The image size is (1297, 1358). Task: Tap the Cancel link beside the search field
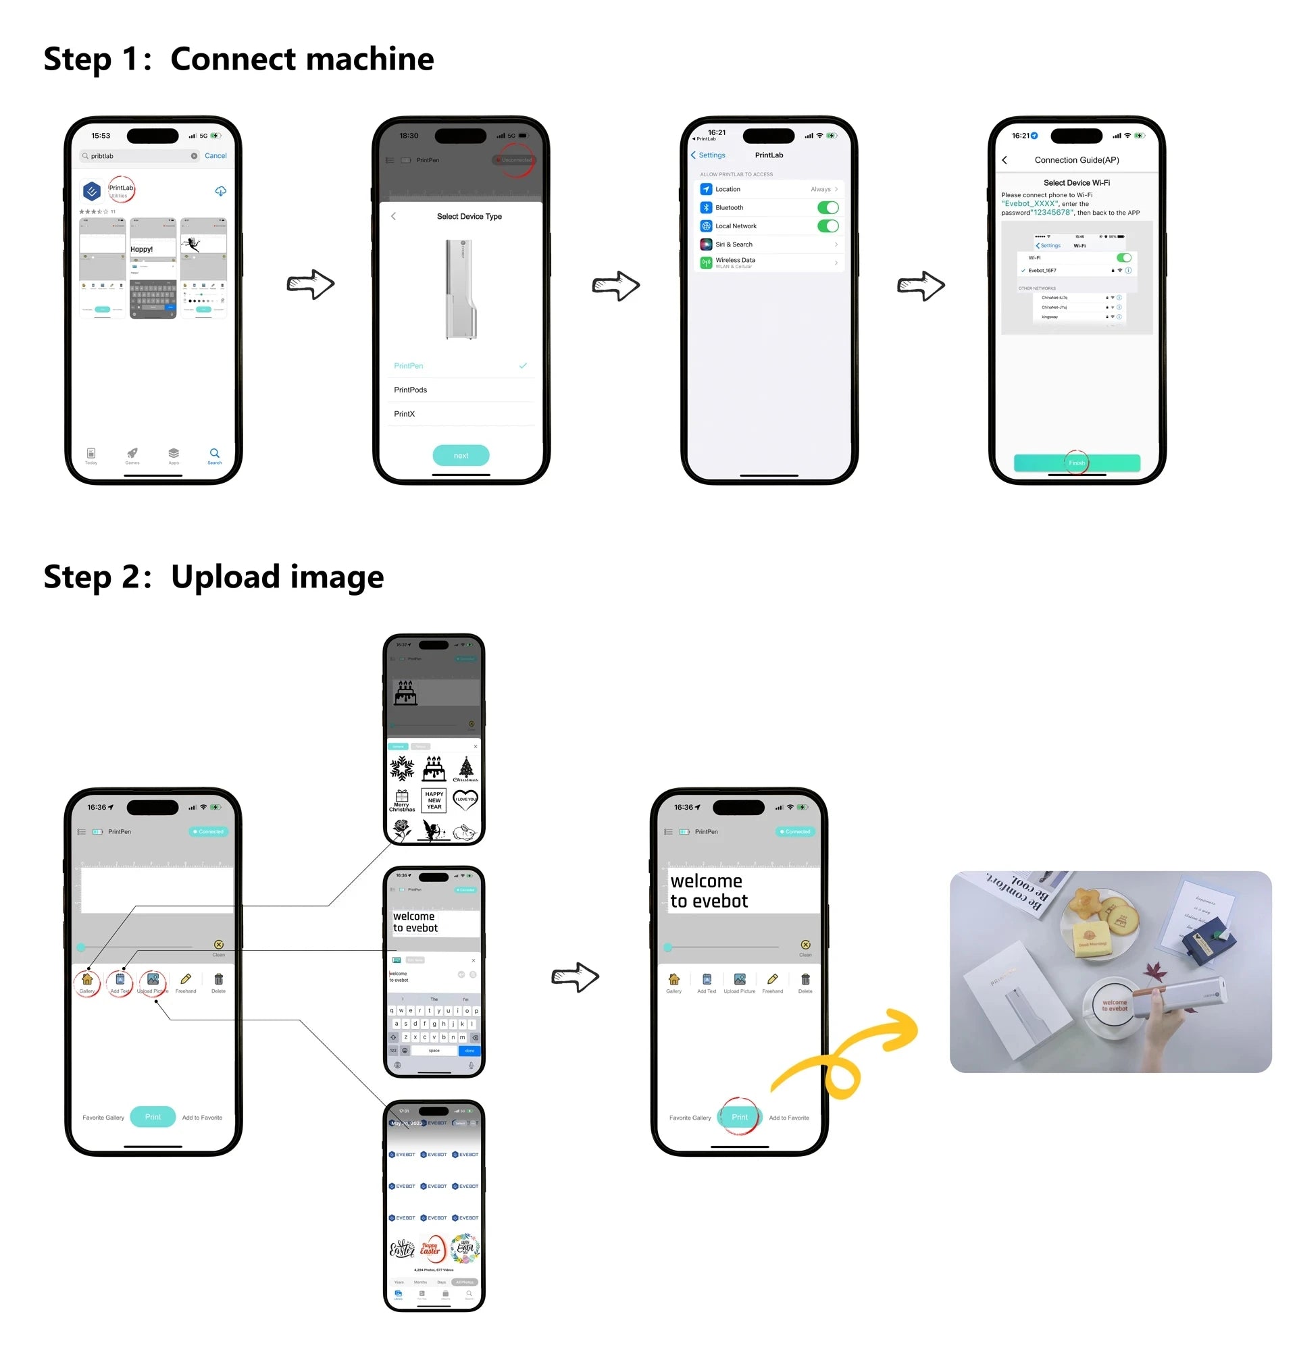coord(215,155)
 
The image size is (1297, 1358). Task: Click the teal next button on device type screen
coord(461,455)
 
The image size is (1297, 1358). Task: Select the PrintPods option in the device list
coord(411,390)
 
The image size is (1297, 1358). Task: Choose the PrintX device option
coord(405,414)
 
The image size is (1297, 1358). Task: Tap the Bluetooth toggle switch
coord(827,207)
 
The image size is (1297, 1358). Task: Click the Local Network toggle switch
coord(827,226)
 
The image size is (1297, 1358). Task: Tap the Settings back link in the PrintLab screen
coord(708,155)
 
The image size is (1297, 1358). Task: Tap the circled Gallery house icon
coord(87,979)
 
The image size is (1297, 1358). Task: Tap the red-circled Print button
coord(739,1117)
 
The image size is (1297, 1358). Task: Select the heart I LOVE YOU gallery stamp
coord(465,800)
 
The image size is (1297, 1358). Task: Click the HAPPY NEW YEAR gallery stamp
coord(434,800)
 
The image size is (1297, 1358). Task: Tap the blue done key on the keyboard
coord(469,1051)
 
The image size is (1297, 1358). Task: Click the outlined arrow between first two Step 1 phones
coord(311,284)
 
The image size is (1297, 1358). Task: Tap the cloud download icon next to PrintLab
coord(220,190)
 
